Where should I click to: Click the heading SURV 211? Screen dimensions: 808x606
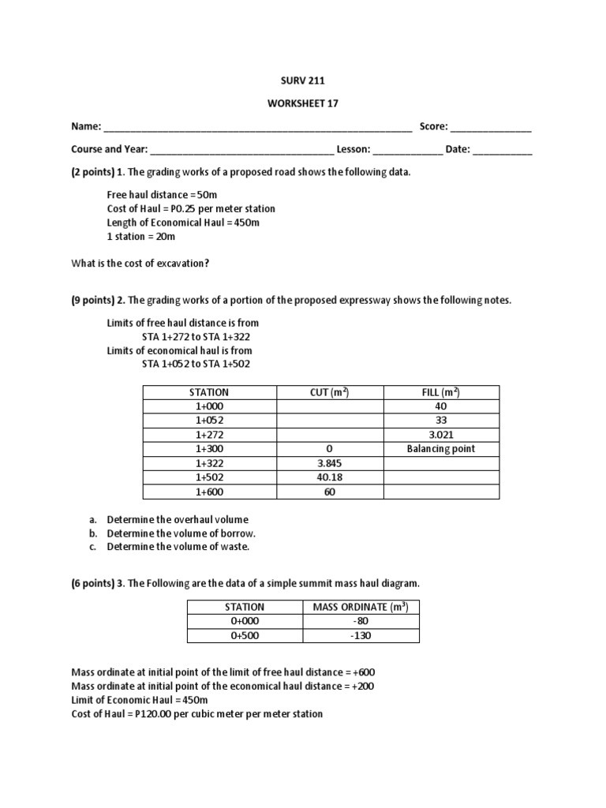click(303, 80)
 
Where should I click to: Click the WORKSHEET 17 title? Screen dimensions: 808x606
click(303, 103)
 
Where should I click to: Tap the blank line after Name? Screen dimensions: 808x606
click(257, 127)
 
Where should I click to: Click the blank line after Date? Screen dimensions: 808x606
click(503, 150)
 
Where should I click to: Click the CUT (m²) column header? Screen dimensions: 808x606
click(329, 392)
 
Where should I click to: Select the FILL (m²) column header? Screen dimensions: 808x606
click(440, 392)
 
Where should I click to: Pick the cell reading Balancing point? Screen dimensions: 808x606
click(440, 449)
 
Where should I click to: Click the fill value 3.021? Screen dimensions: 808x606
click(440, 435)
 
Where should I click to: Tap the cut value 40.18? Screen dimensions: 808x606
click(329, 477)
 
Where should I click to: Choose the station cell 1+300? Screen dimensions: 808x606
click(209, 449)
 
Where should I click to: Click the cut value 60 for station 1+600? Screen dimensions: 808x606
click(329, 492)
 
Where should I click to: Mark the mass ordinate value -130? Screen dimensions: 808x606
click(361, 635)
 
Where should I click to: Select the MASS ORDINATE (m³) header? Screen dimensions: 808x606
click(361, 607)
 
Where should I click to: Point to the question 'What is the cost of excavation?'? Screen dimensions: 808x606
click(140, 264)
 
